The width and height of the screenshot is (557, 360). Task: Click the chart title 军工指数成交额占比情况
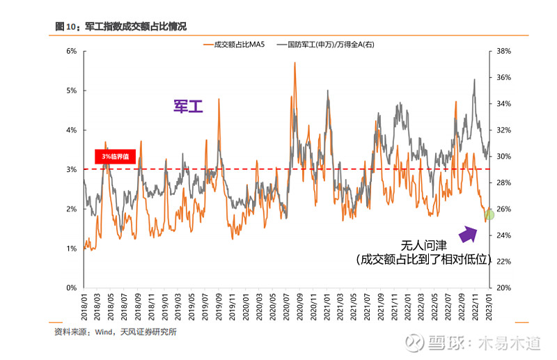[x=135, y=26]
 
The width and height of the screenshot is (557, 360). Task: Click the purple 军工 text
[x=188, y=107]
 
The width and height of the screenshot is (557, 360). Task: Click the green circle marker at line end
[x=489, y=214]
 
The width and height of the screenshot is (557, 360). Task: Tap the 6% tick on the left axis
[x=71, y=52]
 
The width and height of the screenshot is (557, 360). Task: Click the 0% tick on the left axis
[x=71, y=288]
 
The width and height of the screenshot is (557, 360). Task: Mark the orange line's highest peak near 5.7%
[x=295, y=63]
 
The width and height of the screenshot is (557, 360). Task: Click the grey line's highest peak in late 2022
[x=475, y=79]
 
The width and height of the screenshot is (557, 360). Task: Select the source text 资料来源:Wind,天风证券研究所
[x=116, y=332]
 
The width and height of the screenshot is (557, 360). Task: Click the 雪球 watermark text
[x=446, y=343]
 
